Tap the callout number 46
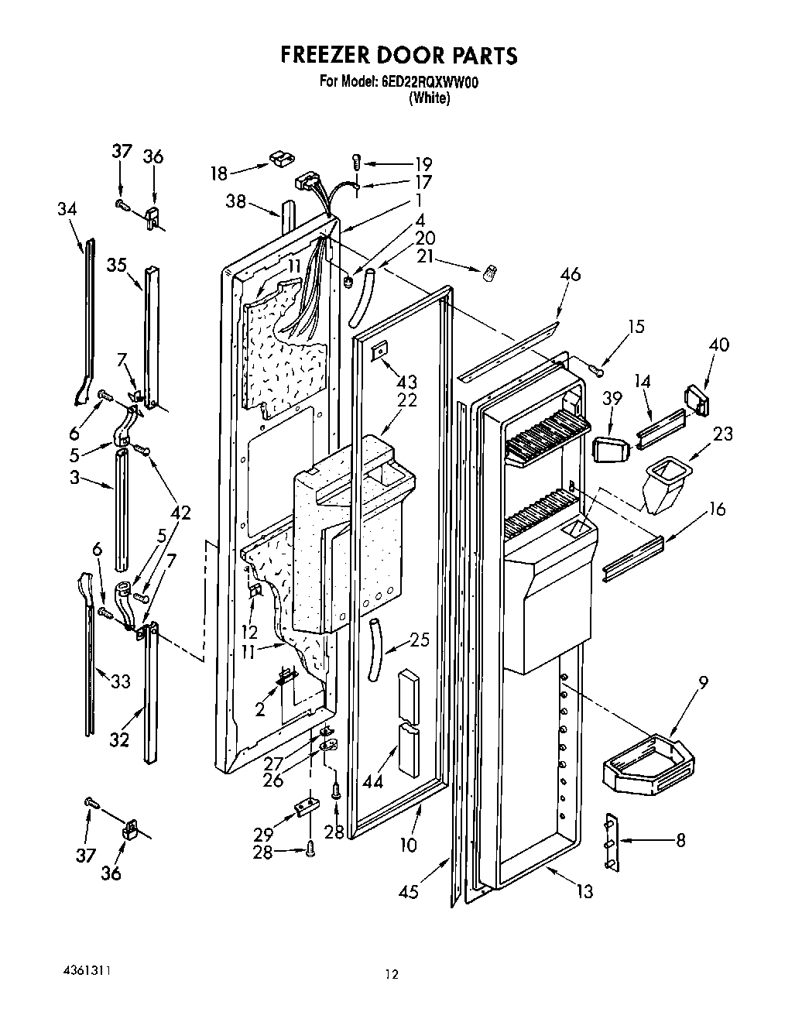pos(571,275)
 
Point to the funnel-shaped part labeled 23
pos(665,485)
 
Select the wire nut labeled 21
pos(489,273)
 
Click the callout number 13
pos(584,891)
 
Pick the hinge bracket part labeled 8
pos(612,841)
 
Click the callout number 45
pos(408,891)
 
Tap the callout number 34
pos(68,209)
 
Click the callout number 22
pos(407,400)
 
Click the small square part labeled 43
pos(379,352)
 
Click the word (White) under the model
pos(430,98)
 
